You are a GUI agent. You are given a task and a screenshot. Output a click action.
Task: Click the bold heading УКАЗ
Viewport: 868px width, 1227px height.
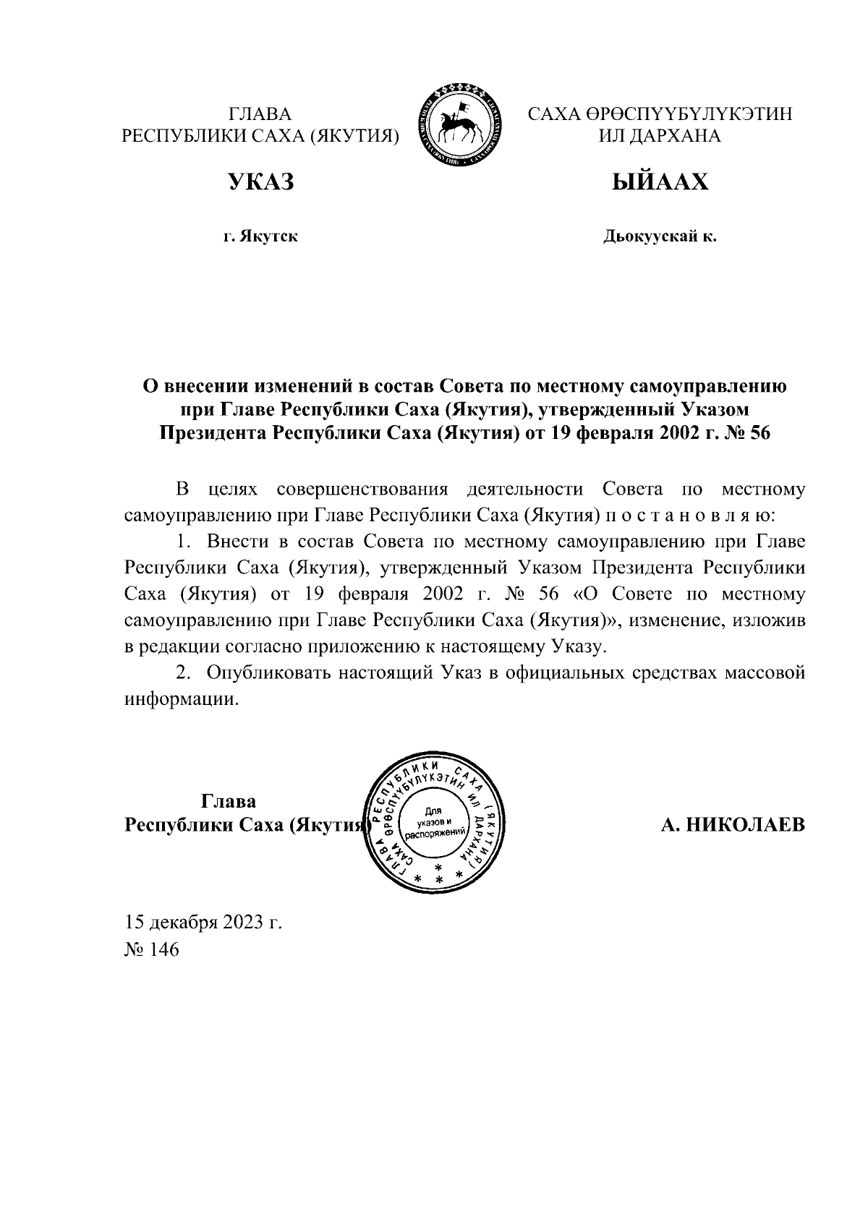(261, 182)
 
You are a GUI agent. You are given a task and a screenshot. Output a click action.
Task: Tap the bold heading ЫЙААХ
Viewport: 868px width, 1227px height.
(659, 182)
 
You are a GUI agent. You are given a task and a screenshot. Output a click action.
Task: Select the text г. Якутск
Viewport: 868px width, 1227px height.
(260, 236)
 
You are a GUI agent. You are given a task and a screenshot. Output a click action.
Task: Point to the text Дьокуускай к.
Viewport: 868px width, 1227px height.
(660, 236)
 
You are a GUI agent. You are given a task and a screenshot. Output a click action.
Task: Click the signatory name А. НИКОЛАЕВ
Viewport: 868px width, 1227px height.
(732, 825)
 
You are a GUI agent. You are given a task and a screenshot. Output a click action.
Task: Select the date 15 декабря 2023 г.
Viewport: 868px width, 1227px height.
(203, 923)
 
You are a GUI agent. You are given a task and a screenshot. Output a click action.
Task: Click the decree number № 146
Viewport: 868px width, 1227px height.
(151, 949)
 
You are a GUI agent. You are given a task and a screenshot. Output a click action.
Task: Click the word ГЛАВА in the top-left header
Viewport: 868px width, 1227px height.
(260, 114)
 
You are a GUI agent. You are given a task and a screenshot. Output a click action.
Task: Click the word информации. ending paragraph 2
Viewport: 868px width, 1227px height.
(181, 700)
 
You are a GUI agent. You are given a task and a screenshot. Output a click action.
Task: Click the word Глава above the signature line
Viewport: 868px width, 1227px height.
(228, 802)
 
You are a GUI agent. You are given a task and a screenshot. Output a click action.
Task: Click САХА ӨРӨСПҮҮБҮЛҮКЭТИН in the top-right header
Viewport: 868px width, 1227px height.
(660, 114)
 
